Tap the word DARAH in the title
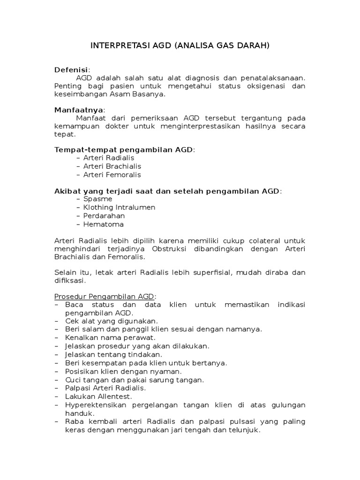point(253,46)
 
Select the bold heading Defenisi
point(71,70)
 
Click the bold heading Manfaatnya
point(79,109)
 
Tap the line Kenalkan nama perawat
point(111,337)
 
